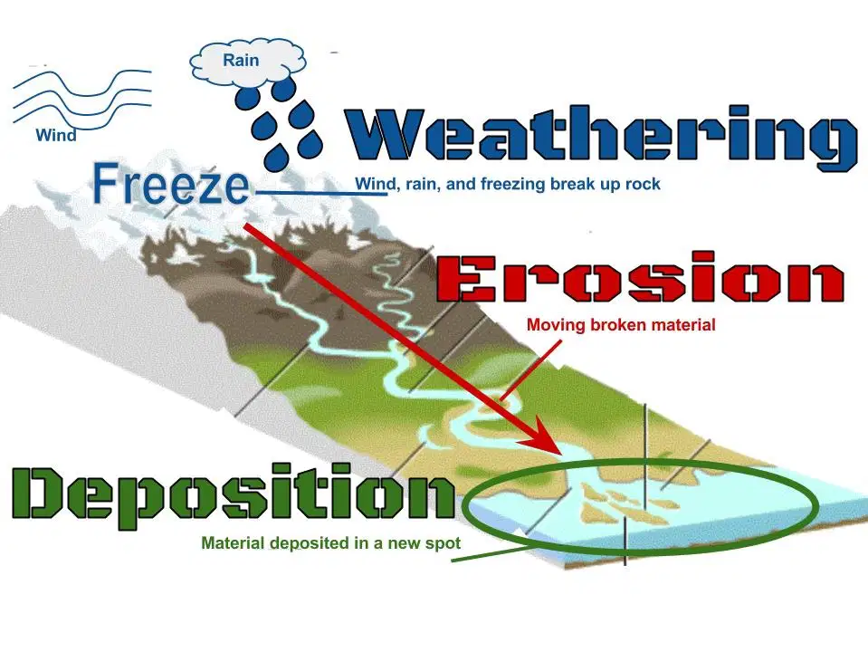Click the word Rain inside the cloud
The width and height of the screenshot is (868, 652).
click(241, 60)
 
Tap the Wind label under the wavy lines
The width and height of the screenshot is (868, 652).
click(56, 135)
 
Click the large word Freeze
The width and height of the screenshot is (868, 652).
click(170, 182)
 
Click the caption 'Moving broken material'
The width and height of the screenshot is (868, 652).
click(621, 324)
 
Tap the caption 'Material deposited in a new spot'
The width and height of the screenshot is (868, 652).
click(331, 542)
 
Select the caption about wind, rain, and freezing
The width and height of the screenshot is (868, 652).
click(508, 183)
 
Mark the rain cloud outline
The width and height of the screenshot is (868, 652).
click(247, 64)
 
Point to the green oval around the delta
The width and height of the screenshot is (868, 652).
click(640, 506)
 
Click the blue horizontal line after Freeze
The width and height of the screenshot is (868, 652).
click(321, 193)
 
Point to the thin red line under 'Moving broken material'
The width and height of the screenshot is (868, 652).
click(531, 369)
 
